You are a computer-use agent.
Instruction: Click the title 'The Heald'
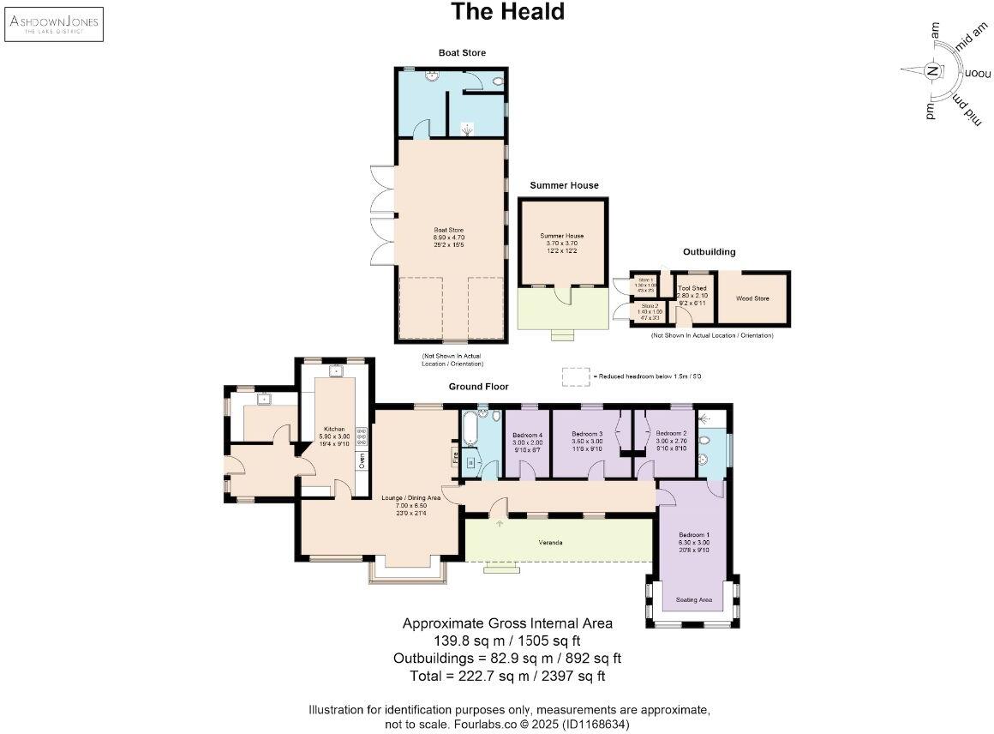coord(508,12)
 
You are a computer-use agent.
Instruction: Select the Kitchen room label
coord(333,429)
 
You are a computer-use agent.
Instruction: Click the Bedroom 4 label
coord(528,435)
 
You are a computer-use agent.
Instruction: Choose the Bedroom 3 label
coord(588,434)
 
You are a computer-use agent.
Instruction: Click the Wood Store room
coord(752,298)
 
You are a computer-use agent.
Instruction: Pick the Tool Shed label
coord(691,288)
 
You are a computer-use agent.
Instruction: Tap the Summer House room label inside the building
coord(561,236)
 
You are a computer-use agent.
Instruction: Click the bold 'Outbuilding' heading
coord(709,252)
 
